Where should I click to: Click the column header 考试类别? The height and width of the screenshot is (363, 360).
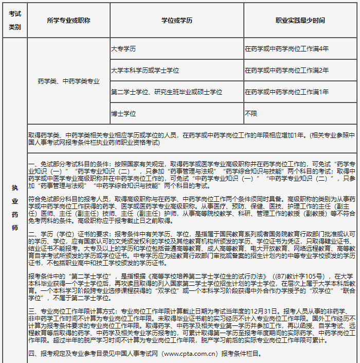(x=15, y=21)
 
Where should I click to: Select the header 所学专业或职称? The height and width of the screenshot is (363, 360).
(x=68, y=21)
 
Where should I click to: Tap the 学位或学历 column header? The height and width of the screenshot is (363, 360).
(x=177, y=21)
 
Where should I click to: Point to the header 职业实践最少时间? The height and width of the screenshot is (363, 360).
(x=300, y=21)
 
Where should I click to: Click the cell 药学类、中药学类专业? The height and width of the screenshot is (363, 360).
(x=68, y=81)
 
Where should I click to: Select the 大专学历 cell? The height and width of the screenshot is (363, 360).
(x=123, y=49)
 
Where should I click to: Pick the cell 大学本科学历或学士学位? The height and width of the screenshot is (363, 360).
(x=145, y=70)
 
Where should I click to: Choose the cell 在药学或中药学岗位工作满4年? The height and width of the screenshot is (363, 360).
(x=286, y=49)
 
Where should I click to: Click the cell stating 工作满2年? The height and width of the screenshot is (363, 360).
(x=286, y=70)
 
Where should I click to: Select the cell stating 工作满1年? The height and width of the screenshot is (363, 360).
(x=286, y=92)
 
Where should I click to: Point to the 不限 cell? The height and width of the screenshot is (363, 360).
(x=250, y=113)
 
